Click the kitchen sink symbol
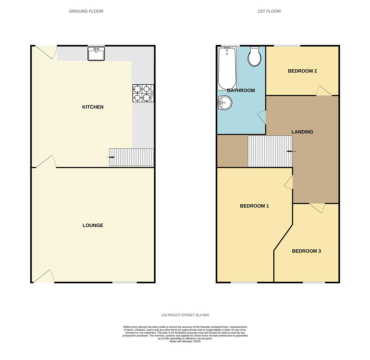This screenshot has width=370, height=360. point(96,54)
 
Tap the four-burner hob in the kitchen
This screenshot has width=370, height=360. point(143,93)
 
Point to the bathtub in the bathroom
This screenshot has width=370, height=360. point(227,68)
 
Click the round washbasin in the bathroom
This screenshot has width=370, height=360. point(225,103)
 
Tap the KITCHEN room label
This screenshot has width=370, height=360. point(93,107)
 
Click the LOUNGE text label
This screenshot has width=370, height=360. point(93,225)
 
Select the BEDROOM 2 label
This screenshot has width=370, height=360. point(302,71)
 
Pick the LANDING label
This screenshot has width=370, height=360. point(302,132)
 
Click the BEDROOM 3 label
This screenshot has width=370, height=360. point(306,251)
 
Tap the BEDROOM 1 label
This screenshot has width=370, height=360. point(254,206)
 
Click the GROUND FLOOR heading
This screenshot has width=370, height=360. point(86,11)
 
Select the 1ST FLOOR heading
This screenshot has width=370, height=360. point(269,11)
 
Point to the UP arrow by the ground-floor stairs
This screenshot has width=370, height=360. point(112,157)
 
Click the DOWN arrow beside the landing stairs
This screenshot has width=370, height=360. point(289,151)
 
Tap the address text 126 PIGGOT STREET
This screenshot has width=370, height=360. point(185,315)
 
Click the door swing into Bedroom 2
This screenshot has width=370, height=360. point(323,91)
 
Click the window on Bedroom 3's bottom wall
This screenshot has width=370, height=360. point(314,282)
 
